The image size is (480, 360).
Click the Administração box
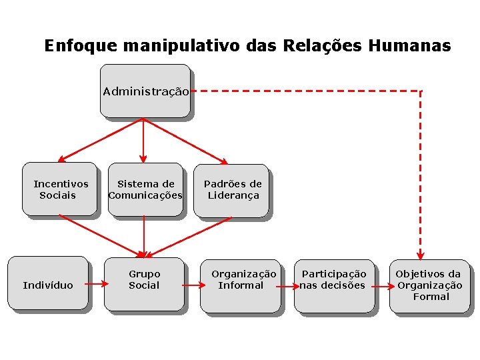click(x=145, y=91)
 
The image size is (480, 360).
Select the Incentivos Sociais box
click(x=60, y=189)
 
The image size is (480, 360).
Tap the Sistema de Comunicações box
click(x=145, y=189)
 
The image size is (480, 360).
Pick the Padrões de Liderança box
click(x=232, y=190)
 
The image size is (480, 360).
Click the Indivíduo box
click(x=48, y=285)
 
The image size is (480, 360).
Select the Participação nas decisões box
click(x=334, y=285)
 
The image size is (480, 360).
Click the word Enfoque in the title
click(x=72, y=46)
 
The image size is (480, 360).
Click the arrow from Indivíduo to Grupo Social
click(x=97, y=285)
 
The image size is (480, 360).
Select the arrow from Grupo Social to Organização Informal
click(x=193, y=286)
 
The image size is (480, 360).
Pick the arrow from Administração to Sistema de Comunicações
click(x=143, y=140)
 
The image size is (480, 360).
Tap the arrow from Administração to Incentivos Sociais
click(x=100, y=140)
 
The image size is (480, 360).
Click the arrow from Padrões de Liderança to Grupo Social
click(x=188, y=236)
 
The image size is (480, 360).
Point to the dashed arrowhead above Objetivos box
click(x=420, y=254)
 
